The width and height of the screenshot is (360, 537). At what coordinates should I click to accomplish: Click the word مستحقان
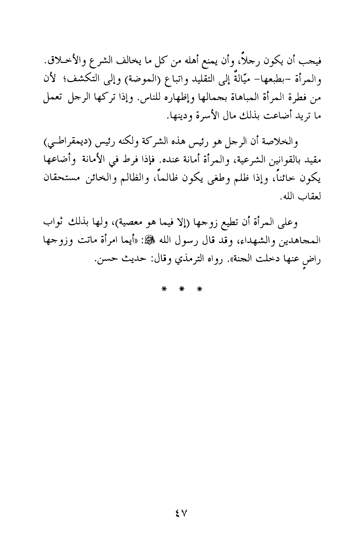point(59,178)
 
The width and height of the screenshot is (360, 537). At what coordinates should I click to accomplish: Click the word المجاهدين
point(300,240)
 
